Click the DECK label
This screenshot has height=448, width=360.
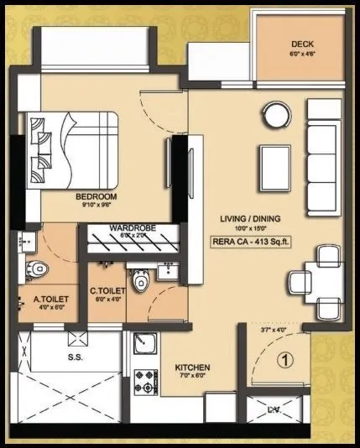pos(302,44)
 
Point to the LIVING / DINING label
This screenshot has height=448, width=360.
pos(250,219)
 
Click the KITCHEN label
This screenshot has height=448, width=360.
pos(192,368)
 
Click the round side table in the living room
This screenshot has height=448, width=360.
pos(274,112)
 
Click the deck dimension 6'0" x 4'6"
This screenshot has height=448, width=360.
pos(302,54)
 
